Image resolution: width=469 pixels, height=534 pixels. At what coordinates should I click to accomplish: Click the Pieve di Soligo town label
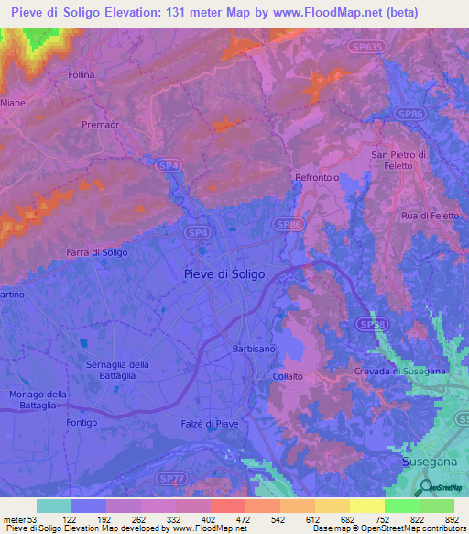[x=224, y=273]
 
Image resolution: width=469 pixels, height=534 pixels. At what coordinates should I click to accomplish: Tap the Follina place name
[x=82, y=74]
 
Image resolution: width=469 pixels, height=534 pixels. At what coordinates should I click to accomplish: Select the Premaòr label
[x=102, y=124]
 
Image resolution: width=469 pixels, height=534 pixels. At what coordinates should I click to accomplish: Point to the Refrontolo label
[x=318, y=177]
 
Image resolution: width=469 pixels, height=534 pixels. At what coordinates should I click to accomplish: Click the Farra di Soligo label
[x=96, y=251]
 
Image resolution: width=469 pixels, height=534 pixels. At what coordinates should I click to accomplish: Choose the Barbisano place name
[x=253, y=349]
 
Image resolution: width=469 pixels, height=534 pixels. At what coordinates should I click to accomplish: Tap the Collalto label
[x=288, y=376]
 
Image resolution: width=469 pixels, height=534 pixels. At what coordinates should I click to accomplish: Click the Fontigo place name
[x=82, y=422]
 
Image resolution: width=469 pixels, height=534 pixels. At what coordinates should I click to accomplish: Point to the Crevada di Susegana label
[x=398, y=370]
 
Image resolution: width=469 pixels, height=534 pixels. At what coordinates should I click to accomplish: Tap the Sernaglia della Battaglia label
[x=117, y=371]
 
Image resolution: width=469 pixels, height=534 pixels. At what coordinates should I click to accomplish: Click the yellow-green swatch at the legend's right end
[x=436, y=505]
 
